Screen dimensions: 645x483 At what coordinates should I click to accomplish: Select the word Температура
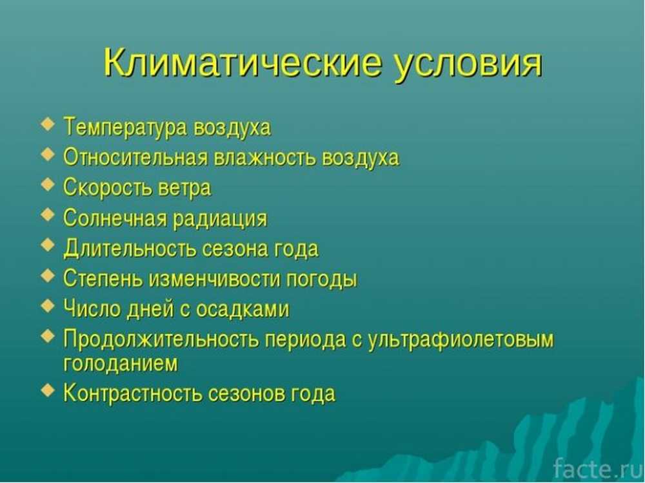point(126,127)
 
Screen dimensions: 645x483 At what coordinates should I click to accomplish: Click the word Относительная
point(135,157)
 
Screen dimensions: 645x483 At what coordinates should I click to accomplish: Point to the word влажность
point(265,157)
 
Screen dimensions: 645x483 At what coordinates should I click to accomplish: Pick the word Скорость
point(108,187)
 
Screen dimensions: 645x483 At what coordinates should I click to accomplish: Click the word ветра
point(184,188)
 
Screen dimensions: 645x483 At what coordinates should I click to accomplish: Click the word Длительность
point(130,249)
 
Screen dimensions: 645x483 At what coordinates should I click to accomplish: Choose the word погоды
point(322,279)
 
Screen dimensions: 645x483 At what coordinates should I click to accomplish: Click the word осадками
point(243,309)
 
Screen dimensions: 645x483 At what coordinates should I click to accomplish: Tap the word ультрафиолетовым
point(461,340)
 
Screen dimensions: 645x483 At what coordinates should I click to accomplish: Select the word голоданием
point(121,364)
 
